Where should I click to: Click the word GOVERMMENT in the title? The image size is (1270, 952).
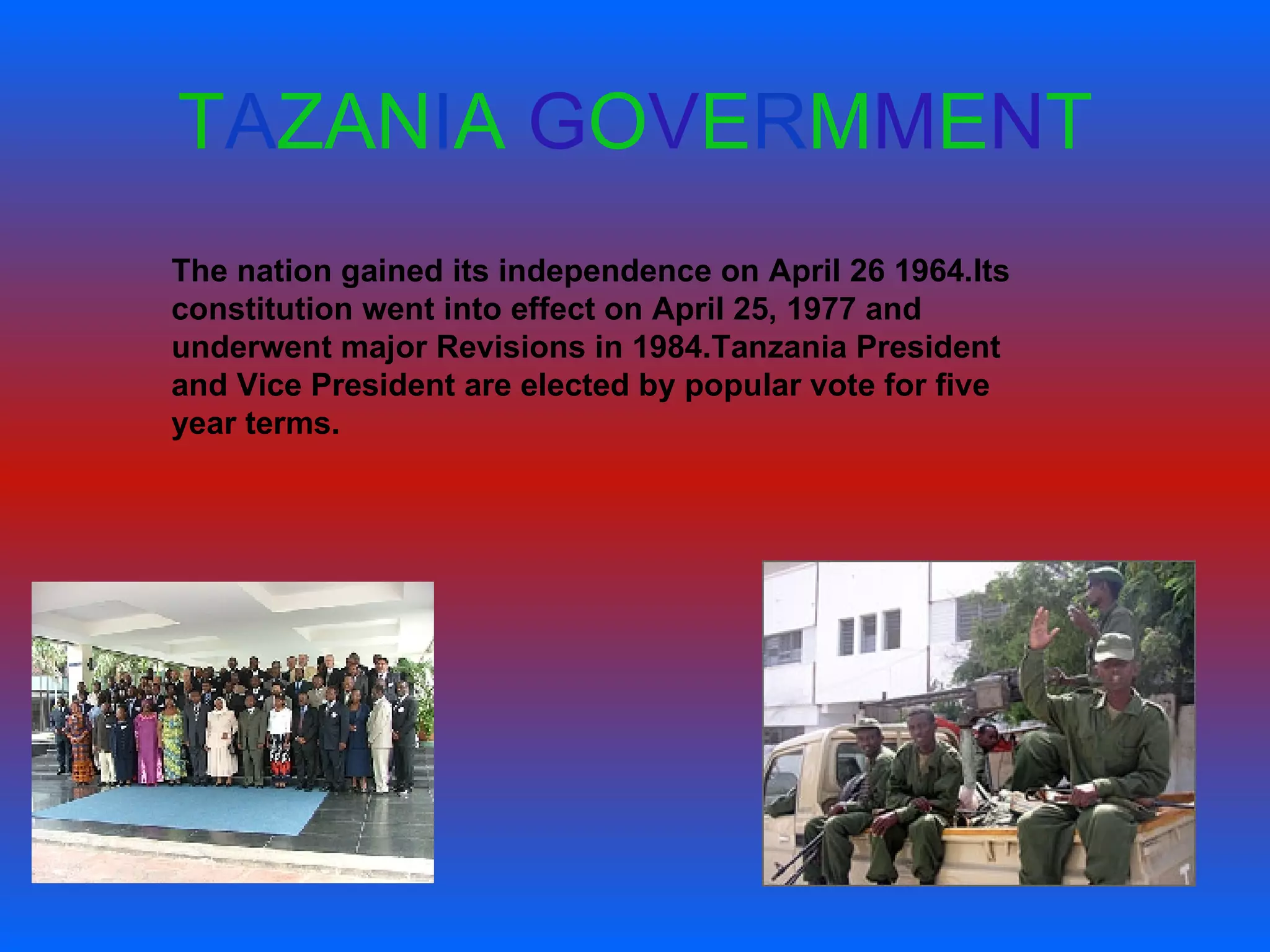(810, 121)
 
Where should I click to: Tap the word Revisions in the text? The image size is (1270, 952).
(510, 347)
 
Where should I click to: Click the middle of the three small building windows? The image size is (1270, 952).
(868, 633)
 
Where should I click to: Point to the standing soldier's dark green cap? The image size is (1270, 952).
(1104, 575)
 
